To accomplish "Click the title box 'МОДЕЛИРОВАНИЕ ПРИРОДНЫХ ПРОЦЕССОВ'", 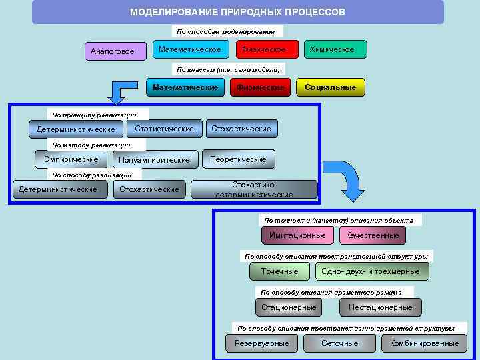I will tap(237, 12).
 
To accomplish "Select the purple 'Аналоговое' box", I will tap(116, 51).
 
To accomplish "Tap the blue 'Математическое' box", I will tap(190, 49).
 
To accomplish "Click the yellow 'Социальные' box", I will tap(330, 87).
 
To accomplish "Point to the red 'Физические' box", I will tap(260, 87).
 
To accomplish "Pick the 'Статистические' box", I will tap(164, 129).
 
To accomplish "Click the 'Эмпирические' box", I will tap(71, 159).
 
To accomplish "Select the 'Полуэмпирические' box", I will tap(155, 160).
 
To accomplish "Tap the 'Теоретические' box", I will tap(238, 159).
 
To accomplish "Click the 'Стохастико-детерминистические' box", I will tap(254, 189).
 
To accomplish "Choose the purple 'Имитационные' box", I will tap(297, 235).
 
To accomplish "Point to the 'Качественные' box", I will tap(372, 235).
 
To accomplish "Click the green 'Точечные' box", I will tap(280, 271).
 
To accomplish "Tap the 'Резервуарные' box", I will tap(262, 343).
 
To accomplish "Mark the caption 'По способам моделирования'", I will tap(226, 31).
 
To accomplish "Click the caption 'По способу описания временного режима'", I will tap(331, 292).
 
